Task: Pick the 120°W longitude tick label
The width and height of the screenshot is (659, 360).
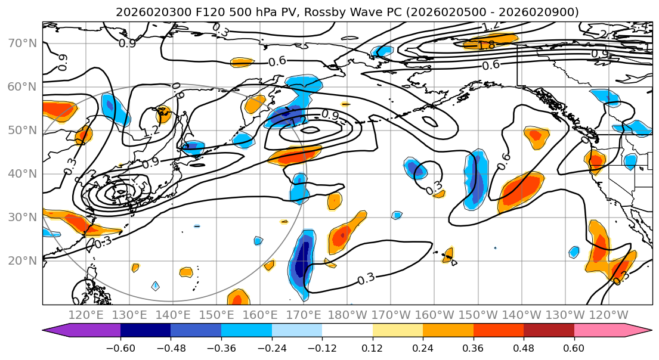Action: [608, 315]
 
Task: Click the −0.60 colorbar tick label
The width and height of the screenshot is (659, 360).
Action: [120, 347]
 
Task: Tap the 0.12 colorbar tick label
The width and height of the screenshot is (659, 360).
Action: [372, 347]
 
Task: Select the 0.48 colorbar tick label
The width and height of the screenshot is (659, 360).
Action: [524, 347]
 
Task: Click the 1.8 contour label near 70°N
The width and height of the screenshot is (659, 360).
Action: [487, 45]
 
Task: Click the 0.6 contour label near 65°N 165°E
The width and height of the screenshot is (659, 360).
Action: [276, 61]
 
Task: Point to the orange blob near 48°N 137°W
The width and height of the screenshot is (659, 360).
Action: [536, 136]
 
